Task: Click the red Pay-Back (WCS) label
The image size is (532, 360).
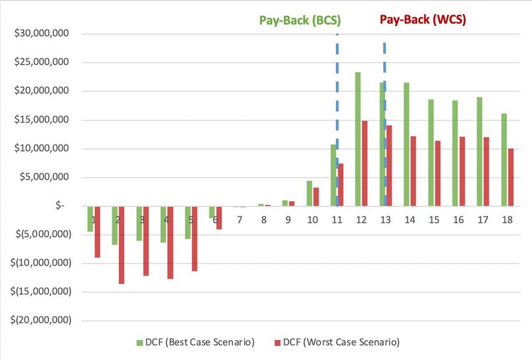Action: click(x=423, y=19)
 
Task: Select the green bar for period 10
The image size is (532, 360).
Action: click(x=309, y=193)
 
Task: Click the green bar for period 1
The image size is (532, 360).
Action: click(x=90, y=218)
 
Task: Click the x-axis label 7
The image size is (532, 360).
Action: click(x=239, y=220)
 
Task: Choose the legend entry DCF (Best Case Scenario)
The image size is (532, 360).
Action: click(x=196, y=342)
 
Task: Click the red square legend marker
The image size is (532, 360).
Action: click(x=276, y=343)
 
